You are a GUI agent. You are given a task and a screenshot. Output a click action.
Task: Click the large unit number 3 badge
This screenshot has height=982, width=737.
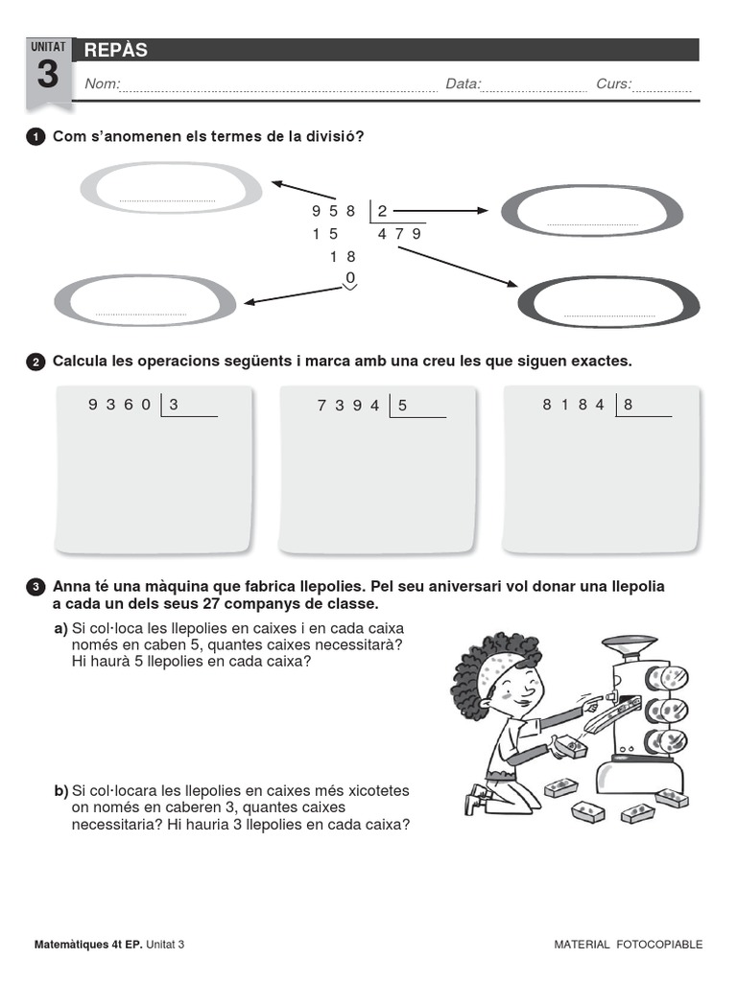(47, 75)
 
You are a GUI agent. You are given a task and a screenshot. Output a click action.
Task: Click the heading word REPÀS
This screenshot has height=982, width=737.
(115, 51)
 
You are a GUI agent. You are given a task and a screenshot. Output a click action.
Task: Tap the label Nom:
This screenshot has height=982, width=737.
(102, 84)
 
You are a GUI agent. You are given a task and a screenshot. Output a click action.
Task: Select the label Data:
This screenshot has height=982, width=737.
(463, 84)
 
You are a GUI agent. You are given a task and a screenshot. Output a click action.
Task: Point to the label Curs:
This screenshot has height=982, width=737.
(613, 84)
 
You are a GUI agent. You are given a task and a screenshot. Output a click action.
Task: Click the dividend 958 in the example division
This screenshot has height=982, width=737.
(334, 211)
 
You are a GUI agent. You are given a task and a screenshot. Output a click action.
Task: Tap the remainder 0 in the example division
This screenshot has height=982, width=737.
(350, 278)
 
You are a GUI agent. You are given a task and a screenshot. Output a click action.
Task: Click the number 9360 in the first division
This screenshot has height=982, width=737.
(119, 405)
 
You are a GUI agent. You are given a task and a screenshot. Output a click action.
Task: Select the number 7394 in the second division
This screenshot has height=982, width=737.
(348, 406)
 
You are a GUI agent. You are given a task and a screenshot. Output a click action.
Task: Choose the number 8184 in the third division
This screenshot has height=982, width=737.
(574, 405)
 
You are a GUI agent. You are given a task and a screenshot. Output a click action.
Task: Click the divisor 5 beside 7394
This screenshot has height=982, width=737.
(403, 406)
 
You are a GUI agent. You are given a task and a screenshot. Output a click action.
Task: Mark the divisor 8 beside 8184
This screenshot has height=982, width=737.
(629, 405)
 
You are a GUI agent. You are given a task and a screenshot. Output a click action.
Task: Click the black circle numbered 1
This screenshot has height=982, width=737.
(36, 137)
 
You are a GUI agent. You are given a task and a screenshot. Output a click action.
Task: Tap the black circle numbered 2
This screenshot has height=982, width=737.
(36, 362)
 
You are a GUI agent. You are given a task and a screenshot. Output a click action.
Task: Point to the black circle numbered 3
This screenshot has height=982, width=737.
(36, 587)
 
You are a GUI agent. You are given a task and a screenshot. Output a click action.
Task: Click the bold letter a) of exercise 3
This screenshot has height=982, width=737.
(60, 628)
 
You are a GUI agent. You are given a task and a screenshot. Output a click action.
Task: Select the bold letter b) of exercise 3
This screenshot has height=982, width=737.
(60, 791)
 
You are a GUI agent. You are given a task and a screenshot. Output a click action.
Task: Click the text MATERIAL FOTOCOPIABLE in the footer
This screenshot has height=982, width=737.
(628, 945)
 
